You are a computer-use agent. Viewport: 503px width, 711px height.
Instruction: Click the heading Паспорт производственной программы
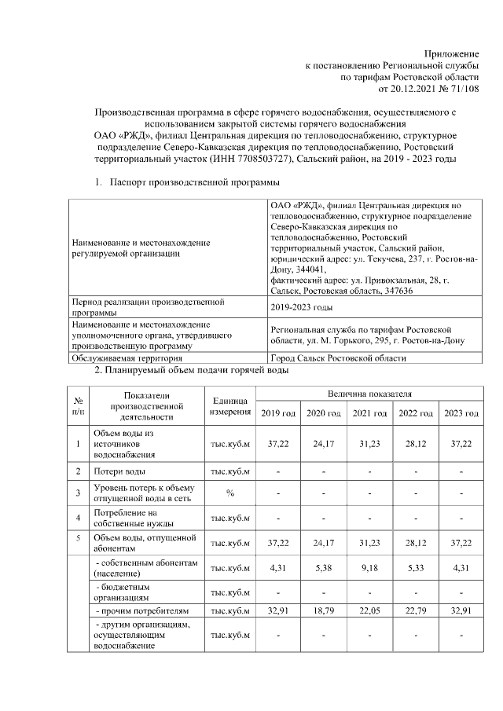pyautogui.click(x=185, y=183)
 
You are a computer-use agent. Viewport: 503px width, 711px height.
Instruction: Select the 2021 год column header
pyautogui.click(x=369, y=413)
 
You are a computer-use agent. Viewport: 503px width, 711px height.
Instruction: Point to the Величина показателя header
pyautogui.click(x=369, y=392)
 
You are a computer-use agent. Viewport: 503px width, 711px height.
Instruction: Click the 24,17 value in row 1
pyautogui.click(x=324, y=444)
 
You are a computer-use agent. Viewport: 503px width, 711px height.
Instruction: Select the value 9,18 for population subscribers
pyautogui.click(x=369, y=566)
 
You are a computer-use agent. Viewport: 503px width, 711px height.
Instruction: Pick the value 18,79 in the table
pyautogui.click(x=324, y=610)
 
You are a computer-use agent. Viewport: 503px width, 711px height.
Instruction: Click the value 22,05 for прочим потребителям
pyautogui.click(x=369, y=610)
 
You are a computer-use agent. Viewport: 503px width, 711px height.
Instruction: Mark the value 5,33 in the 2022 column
pyautogui.click(x=415, y=566)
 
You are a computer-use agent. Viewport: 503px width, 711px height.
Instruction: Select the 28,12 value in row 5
pyautogui.click(x=415, y=542)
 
